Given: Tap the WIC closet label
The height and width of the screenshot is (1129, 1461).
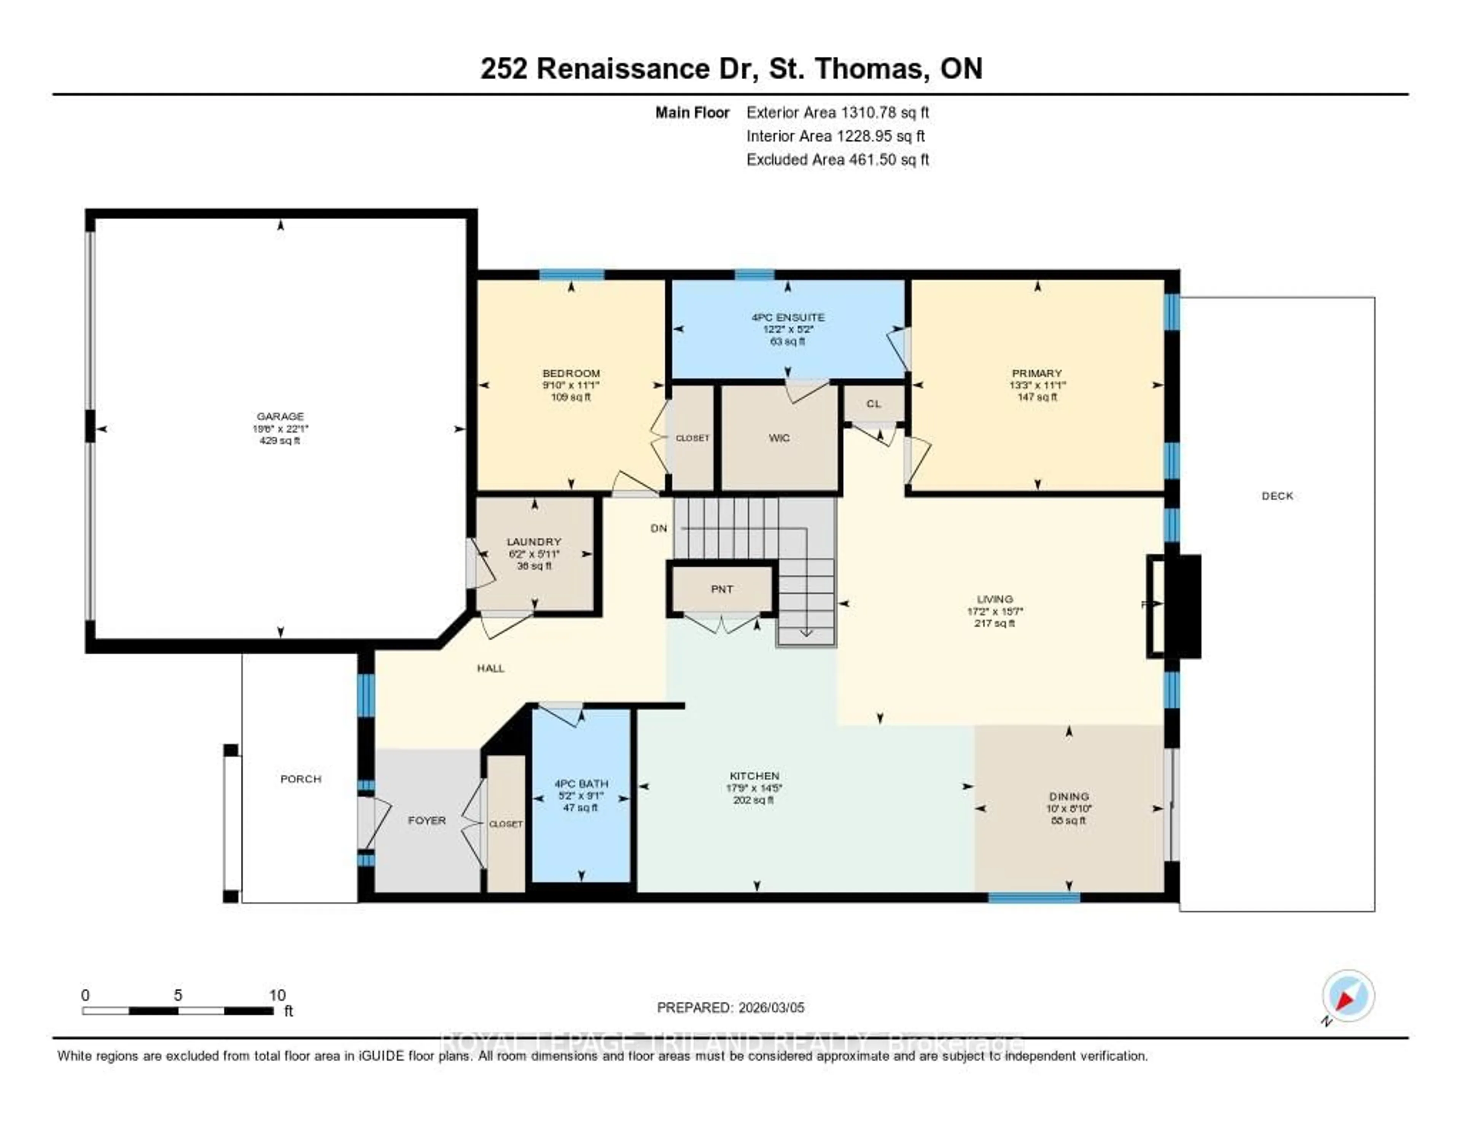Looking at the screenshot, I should [x=779, y=439].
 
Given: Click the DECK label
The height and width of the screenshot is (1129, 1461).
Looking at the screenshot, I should [x=1277, y=496].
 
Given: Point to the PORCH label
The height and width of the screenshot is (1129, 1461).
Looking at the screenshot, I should [x=300, y=779].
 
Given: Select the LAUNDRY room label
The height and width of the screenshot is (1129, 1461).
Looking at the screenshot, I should [x=534, y=541].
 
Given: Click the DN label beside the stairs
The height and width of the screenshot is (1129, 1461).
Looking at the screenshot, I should [x=659, y=528].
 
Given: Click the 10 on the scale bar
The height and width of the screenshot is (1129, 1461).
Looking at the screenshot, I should [x=277, y=995].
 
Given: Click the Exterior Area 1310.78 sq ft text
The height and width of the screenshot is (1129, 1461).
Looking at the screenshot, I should [x=837, y=112].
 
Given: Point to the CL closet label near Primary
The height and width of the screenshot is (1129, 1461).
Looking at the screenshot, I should [x=874, y=403].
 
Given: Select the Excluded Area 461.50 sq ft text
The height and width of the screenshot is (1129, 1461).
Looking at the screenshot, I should [x=837, y=159].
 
